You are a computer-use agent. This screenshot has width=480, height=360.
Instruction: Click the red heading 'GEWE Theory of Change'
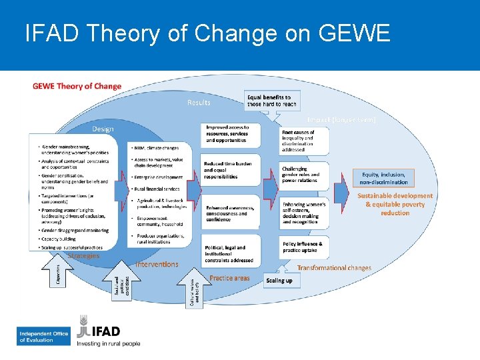pyautogui.click(x=77, y=86)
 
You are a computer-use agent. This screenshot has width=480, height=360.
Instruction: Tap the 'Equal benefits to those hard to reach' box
pyautogui.click(x=273, y=101)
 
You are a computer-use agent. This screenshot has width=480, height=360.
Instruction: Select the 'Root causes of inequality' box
pyautogui.click(x=304, y=140)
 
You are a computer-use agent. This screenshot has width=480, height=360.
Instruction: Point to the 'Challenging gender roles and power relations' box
pyautogui.click(x=304, y=175)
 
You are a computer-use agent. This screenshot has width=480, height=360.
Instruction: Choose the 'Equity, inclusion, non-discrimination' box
pyautogui.click(x=384, y=178)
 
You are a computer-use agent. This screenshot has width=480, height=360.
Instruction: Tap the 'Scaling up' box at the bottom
pyautogui.click(x=279, y=281)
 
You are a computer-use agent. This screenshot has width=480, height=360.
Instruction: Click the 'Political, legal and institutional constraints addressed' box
pyautogui.click(x=229, y=253)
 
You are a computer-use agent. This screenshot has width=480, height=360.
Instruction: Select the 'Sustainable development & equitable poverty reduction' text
pyautogui.click(x=395, y=204)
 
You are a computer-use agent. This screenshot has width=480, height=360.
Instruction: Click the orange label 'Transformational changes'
pyautogui.click(x=334, y=267)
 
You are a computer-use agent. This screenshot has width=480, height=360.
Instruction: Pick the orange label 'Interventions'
pyautogui.click(x=157, y=264)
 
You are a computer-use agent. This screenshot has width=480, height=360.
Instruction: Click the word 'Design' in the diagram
pyautogui.click(x=102, y=129)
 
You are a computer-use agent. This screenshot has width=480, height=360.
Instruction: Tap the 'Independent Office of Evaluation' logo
pyautogui.click(x=44, y=337)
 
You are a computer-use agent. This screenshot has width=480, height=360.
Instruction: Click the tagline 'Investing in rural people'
pyautogui.click(x=109, y=343)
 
